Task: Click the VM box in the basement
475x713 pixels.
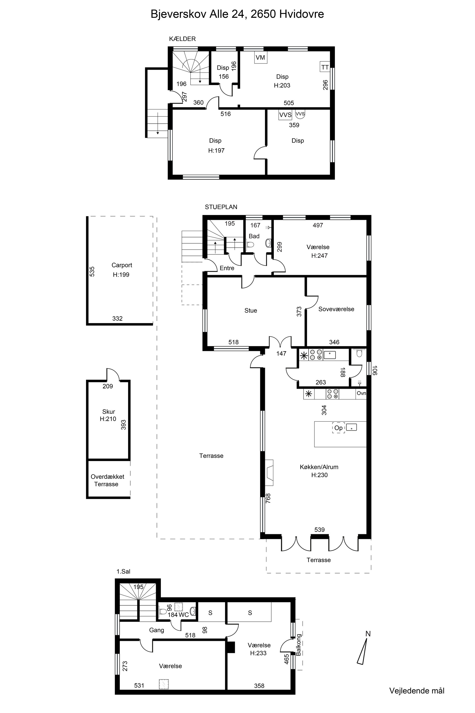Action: point(261,57)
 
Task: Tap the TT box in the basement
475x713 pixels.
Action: point(325,67)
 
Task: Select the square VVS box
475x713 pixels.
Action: point(285,115)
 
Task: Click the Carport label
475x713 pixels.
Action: point(122,265)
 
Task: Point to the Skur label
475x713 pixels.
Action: point(109,411)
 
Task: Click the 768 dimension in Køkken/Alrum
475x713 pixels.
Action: point(268,498)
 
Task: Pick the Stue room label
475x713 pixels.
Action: point(251,310)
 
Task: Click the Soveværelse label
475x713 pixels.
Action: point(336,309)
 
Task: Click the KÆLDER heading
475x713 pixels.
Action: point(182,39)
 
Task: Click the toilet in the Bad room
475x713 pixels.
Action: point(250,244)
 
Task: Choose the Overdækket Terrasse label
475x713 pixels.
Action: point(107,480)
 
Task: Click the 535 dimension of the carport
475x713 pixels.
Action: point(92,271)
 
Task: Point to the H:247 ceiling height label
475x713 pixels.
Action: point(319,255)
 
